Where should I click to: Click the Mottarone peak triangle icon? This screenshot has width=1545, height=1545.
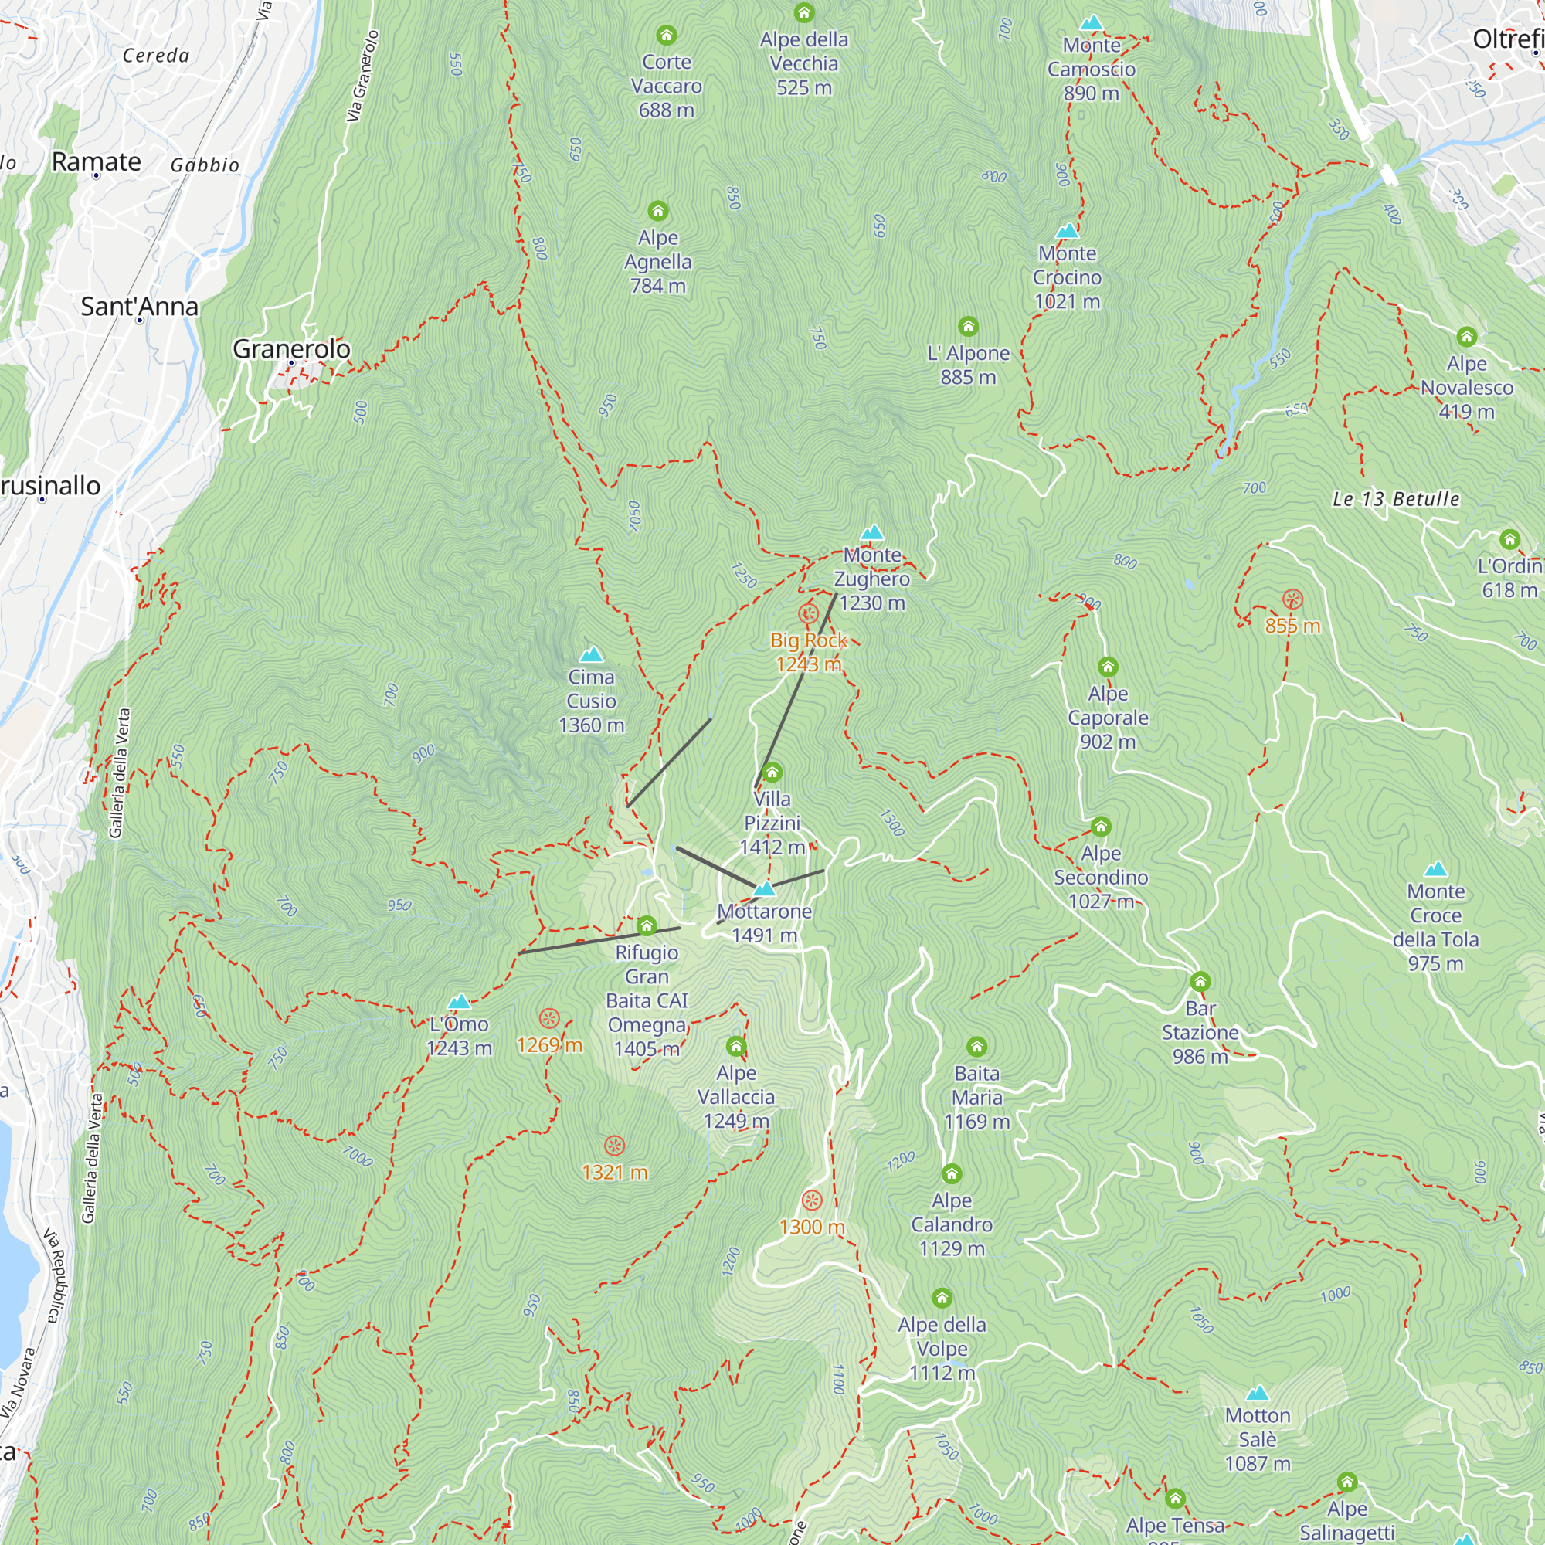765,888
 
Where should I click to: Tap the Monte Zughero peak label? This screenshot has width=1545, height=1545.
871,578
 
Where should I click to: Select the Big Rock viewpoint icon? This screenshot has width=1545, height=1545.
809,614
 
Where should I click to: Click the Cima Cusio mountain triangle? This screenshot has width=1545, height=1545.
591,655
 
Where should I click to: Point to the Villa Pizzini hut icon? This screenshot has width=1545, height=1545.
772,772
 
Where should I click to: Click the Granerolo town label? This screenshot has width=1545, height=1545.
291,348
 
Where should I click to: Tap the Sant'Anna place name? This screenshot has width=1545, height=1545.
139,306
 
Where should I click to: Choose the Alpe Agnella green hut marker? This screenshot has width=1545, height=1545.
657,211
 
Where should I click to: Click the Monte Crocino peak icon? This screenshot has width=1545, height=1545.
1067,231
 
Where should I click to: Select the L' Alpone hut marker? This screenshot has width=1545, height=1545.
968,326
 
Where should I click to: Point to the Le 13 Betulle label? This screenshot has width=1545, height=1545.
1395,499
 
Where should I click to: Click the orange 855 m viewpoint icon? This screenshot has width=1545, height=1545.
1292,599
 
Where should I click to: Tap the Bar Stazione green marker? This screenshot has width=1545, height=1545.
1200,981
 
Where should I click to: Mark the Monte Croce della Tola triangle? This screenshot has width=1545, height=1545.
1435,869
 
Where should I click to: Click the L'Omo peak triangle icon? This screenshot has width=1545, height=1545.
459,1002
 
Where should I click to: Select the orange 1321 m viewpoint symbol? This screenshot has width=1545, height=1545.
614,1146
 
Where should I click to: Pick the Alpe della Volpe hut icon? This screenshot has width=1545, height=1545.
941,1298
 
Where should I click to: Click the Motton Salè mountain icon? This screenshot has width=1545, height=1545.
1257,1393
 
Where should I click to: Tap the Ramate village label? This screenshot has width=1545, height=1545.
96,161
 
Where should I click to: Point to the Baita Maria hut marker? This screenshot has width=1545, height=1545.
976,1047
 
